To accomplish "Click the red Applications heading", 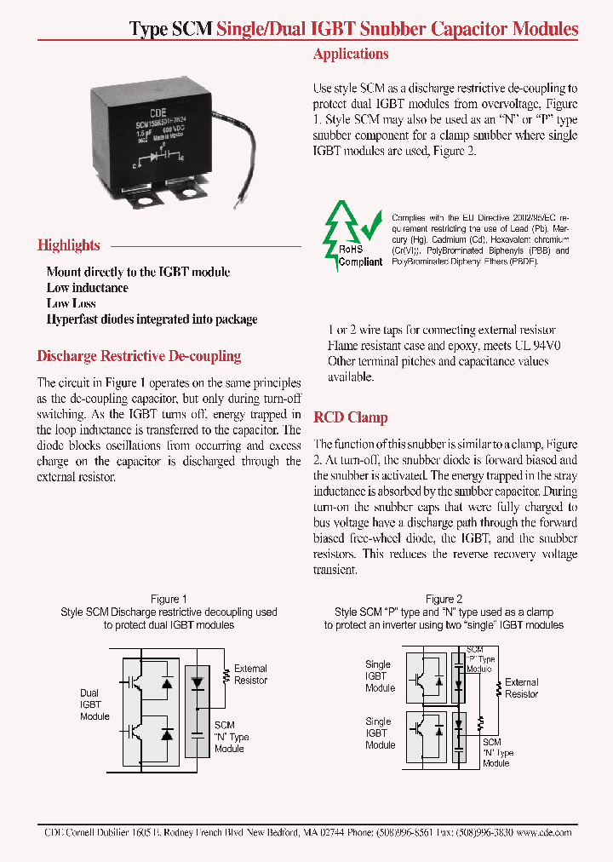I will (x=351, y=55).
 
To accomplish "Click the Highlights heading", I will (x=69, y=245).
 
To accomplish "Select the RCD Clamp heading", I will (x=351, y=417).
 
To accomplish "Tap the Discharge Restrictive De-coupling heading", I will (x=140, y=356).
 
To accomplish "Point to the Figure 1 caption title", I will (x=169, y=599).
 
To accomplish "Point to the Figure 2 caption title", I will (x=444, y=599).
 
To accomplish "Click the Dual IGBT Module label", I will (x=95, y=704).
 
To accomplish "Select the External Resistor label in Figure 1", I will (x=250, y=675).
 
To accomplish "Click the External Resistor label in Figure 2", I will (x=521, y=688).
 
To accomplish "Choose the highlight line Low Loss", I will (x=72, y=303).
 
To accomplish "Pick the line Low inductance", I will (x=88, y=288).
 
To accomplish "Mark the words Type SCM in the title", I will (x=170, y=30).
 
